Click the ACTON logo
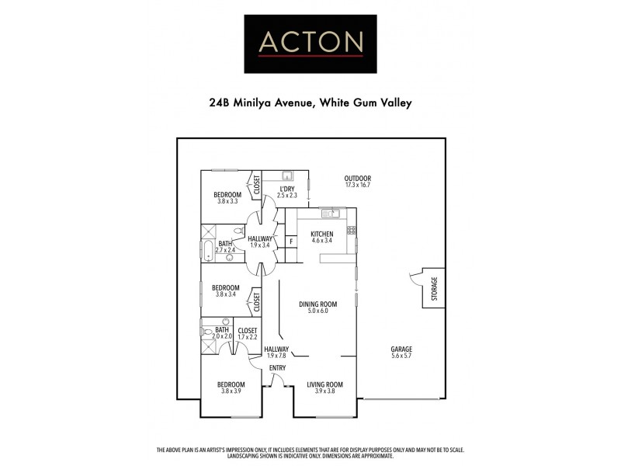point(310,43)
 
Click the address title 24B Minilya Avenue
point(310,102)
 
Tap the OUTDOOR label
point(358,178)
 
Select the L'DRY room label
point(288,188)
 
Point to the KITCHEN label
point(321,234)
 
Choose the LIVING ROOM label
point(324,384)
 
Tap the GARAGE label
point(401,349)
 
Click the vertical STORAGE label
point(435,288)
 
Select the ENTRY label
point(277,368)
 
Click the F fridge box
point(290,242)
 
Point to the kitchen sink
point(331,213)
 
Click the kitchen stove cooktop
point(352,230)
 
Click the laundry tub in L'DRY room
point(286,176)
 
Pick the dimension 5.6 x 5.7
point(401,356)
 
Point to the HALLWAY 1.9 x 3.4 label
point(260,242)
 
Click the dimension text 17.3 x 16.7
point(358,185)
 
